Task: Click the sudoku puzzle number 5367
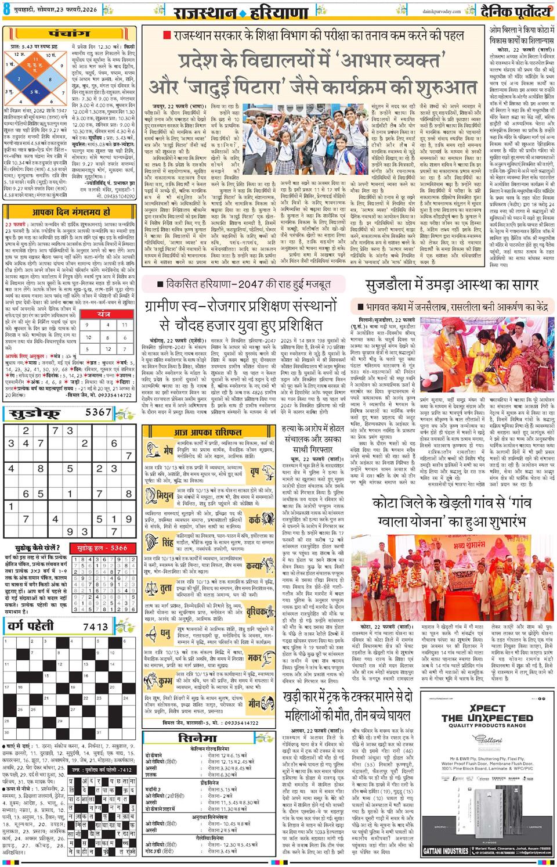point(98,412)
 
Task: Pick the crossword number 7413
point(96,627)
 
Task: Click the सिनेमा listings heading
point(198,739)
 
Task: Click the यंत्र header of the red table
point(104,314)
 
